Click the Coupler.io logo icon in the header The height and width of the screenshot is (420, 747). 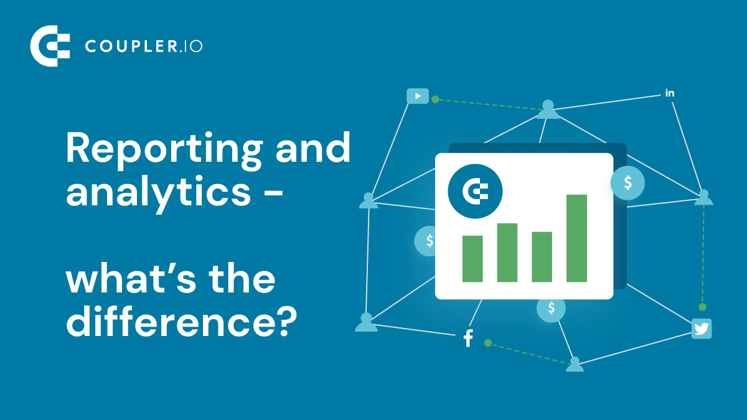50,45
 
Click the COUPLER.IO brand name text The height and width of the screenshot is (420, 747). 143,46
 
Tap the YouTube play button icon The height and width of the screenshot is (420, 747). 418,96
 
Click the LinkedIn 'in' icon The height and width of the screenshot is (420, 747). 670,93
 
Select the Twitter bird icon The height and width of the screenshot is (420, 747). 702,329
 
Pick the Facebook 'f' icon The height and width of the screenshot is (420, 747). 468,339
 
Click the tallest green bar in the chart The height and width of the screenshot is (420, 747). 576,238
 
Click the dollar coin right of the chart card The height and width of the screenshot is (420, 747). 627,183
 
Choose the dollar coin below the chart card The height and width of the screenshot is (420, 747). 551,308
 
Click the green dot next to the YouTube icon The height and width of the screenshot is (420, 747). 435,99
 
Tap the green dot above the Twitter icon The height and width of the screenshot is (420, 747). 702,307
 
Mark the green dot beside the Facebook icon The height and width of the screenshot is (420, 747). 488,343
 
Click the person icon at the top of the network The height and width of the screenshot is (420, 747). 548,110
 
